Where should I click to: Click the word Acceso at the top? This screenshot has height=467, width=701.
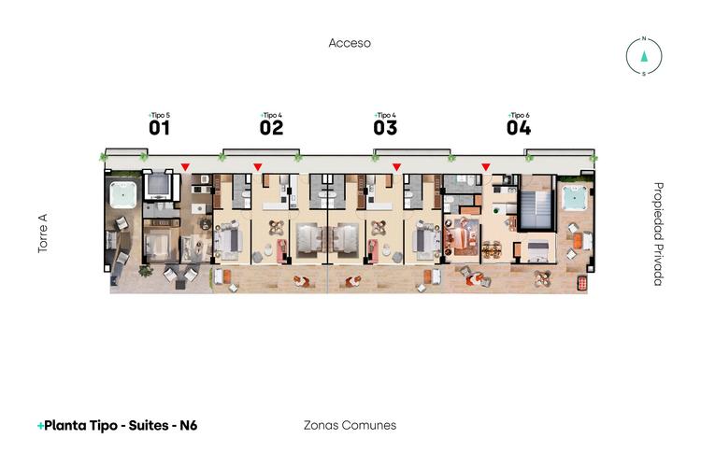click(350, 43)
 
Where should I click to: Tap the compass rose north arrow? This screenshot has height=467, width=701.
click(644, 54)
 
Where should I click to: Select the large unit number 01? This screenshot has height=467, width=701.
click(159, 129)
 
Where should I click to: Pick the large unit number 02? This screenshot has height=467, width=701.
click(271, 129)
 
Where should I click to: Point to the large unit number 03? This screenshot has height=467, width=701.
click(385, 129)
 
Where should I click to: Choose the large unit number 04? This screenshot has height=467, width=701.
click(519, 129)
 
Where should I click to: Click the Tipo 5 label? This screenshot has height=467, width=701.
click(160, 115)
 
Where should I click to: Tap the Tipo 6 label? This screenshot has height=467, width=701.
click(520, 115)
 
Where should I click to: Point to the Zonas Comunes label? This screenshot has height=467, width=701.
click(350, 425)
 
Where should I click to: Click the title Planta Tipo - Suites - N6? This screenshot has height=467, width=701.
click(117, 425)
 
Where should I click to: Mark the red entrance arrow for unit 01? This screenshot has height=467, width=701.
click(185, 167)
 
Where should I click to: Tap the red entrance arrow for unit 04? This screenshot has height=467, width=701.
click(485, 167)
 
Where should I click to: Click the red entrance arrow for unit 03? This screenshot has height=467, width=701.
click(396, 167)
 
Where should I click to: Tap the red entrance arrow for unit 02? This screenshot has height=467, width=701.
click(258, 167)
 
